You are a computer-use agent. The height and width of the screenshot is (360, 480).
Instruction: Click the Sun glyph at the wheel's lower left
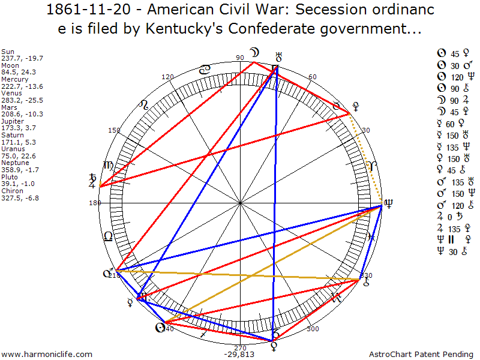coord(160,328)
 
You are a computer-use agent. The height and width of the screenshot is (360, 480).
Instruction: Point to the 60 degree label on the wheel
coord(312,77)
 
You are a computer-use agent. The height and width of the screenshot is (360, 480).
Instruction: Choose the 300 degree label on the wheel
coord(313,329)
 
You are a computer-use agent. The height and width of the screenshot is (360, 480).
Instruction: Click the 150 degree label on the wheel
coord(113,130)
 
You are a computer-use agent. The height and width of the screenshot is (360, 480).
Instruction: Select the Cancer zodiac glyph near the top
coord(205,70)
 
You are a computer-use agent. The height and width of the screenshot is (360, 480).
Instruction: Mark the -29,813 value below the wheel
coord(240,355)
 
